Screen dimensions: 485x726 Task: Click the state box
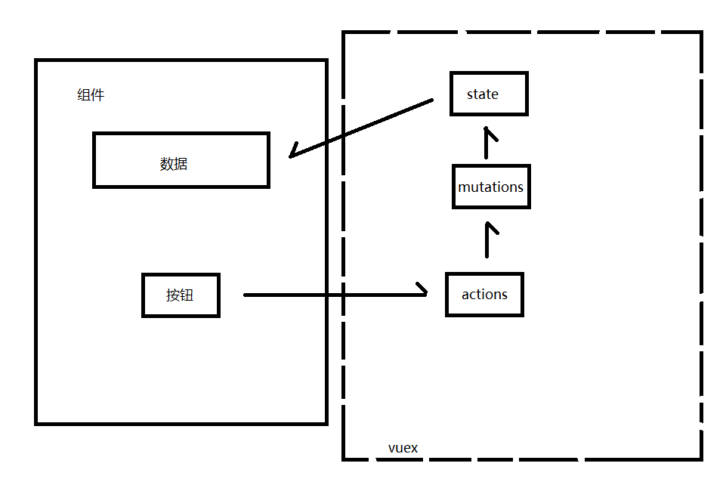tap(489, 94)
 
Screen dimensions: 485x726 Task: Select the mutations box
tap(491, 187)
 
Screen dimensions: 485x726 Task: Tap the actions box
tap(484, 295)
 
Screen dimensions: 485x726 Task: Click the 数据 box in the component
tap(181, 160)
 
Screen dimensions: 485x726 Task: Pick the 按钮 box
tap(181, 295)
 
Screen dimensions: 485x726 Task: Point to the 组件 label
tap(91, 95)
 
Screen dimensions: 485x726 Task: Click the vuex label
tap(403, 448)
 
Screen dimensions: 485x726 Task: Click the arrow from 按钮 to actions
tap(332, 295)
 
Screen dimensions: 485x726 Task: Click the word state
tap(483, 94)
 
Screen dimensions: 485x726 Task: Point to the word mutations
tap(491, 187)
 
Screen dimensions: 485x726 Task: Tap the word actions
tap(484, 295)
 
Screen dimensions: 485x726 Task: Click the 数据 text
tap(174, 164)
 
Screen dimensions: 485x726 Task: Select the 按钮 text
tap(180, 295)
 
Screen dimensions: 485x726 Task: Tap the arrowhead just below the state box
tap(490, 134)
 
